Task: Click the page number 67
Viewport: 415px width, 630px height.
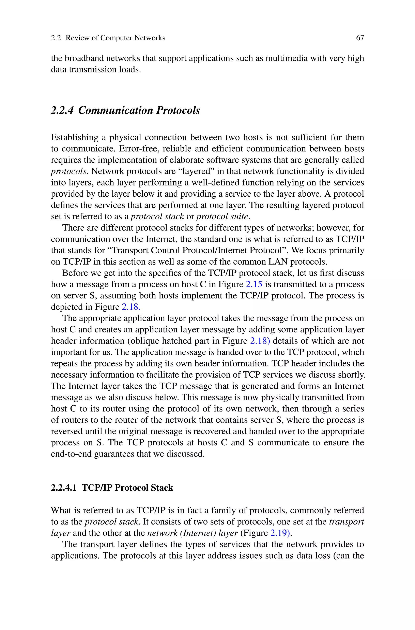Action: click(x=360, y=38)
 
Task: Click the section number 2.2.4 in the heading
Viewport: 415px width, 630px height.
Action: click(x=62, y=110)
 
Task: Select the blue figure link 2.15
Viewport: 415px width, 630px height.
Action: click(x=254, y=284)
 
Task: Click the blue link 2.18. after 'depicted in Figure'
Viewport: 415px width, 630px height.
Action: click(x=131, y=307)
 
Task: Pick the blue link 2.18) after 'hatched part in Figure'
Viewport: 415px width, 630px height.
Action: click(x=260, y=341)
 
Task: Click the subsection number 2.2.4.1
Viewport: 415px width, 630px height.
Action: click(x=63, y=488)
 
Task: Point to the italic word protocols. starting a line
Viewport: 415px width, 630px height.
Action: click(x=69, y=171)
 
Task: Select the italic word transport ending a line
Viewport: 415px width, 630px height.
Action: click(x=347, y=522)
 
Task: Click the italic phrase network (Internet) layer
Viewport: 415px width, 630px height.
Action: click(x=192, y=533)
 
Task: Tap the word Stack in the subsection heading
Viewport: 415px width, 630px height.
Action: click(x=162, y=488)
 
